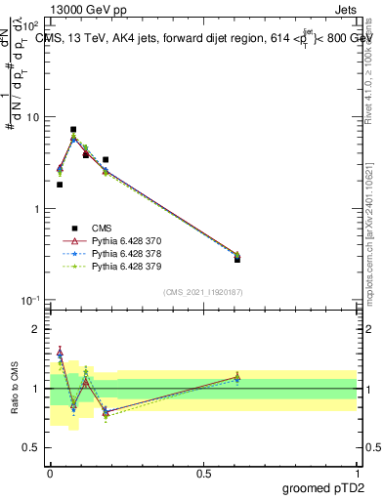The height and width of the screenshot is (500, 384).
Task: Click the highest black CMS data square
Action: click(x=73, y=129)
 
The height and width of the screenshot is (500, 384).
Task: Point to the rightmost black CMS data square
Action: click(x=237, y=259)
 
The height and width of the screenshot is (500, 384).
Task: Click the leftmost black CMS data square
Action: click(x=60, y=185)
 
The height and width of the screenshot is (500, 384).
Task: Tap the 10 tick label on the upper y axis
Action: click(x=32, y=117)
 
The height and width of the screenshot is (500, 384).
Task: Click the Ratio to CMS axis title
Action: click(x=14, y=389)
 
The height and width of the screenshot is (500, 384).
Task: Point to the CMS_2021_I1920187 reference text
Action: click(x=203, y=290)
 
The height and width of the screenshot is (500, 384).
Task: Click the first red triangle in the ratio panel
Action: click(x=60, y=352)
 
